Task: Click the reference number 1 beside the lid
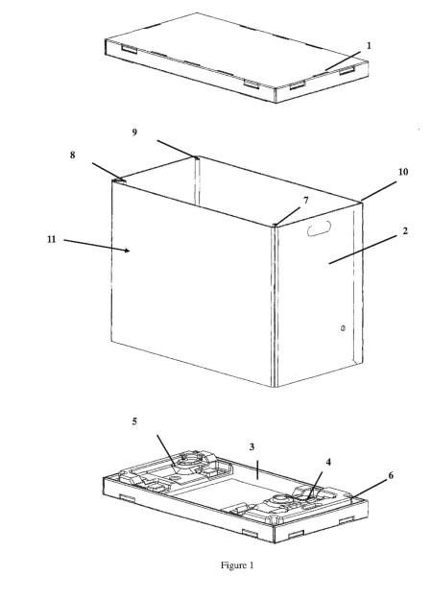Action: [369, 46]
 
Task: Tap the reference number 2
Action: [405, 231]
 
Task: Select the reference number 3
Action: [251, 446]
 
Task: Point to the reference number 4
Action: [328, 463]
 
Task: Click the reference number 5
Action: [134, 421]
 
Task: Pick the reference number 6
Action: [391, 475]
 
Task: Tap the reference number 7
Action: [305, 200]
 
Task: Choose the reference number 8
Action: [72, 155]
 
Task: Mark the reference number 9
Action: [134, 132]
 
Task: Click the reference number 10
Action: [403, 172]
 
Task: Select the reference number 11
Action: [51, 239]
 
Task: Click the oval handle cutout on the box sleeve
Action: [320, 228]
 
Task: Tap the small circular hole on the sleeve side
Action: [343, 328]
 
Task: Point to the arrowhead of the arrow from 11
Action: [127, 251]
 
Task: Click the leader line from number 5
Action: [166, 450]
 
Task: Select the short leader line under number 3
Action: [257, 469]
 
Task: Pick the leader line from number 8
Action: [108, 172]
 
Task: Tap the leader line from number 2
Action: [363, 250]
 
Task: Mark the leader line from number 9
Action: [178, 149]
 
